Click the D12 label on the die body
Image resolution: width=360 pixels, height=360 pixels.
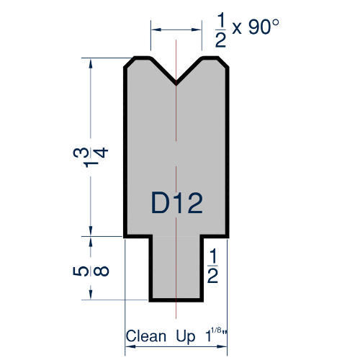(176, 204)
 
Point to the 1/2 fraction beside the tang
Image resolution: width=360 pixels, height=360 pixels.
(213, 266)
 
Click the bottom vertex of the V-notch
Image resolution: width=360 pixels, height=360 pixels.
(176, 84)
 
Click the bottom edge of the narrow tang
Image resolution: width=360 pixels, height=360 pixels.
(176, 300)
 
